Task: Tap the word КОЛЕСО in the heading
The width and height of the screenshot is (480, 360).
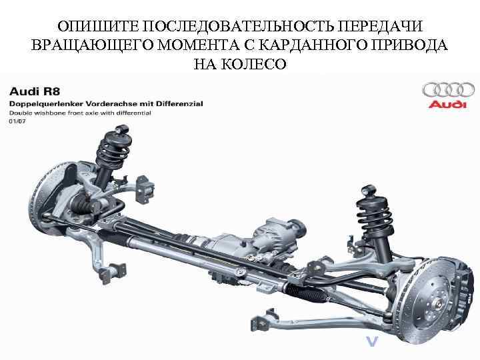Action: pyautogui.click(x=253, y=64)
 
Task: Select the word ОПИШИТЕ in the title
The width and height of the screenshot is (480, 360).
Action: pyautogui.click(x=98, y=26)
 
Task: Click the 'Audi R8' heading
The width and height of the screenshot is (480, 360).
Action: pyautogui.click(x=35, y=91)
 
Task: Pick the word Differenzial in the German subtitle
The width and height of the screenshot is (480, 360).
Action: pyautogui.click(x=180, y=104)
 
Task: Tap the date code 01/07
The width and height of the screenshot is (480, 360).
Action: pyautogui.click(x=17, y=121)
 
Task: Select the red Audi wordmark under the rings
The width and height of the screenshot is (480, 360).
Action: pyautogui.click(x=447, y=105)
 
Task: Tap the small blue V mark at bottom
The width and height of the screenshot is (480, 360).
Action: pyautogui.click(x=372, y=341)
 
